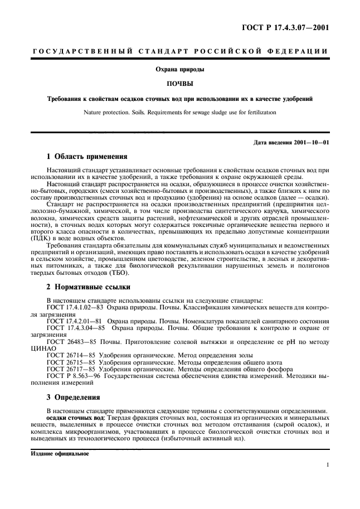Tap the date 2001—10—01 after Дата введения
pos(310,142)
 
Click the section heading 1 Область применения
pos(87,157)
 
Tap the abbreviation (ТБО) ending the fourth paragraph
pos(118,273)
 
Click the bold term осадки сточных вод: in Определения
pos(76,418)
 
